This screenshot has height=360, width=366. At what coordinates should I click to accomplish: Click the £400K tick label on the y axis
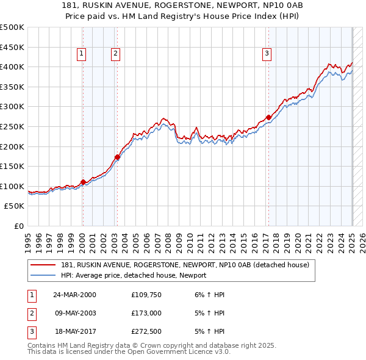(12, 67)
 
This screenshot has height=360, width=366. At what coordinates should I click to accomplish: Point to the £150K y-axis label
(12, 166)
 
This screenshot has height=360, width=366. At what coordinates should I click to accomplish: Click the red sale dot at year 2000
(83, 182)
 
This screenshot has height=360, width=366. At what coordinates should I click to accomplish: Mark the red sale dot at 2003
(117, 157)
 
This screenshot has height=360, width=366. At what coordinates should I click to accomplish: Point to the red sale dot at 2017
(268, 117)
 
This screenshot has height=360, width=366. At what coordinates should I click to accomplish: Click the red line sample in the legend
(44, 265)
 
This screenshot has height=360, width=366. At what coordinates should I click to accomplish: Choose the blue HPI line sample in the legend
(44, 275)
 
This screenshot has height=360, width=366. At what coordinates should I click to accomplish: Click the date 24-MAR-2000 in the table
(74, 295)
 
